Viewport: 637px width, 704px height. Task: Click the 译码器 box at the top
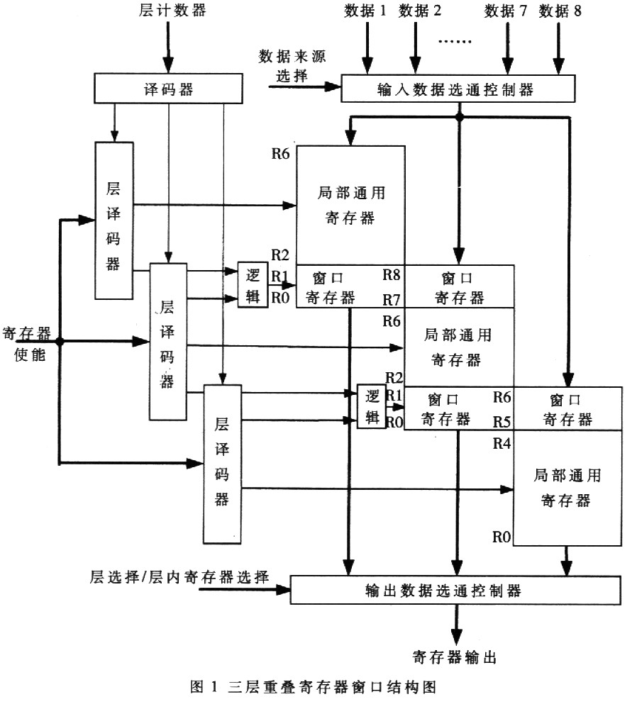tap(168, 89)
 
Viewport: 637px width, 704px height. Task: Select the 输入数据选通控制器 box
tap(458, 89)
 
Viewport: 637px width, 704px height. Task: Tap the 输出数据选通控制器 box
tap(455, 590)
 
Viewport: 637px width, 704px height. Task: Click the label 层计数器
tap(172, 10)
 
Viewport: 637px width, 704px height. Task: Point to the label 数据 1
tap(365, 11)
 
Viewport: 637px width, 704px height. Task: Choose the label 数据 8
tap(560, 11)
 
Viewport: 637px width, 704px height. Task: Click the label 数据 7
tap(505, 11)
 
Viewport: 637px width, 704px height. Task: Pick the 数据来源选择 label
tap(292, 65)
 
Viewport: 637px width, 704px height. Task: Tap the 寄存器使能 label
tap(27, 344)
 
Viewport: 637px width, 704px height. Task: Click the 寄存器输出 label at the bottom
tap(455, 657)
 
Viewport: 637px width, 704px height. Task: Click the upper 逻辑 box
tap(253, 285)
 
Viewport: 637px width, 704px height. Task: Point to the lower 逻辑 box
tap(372, 406)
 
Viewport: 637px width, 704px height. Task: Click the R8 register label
tap(392, 275)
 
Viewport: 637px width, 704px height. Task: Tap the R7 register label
tap(392, 299)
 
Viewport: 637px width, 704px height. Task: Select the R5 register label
tap(502, 422)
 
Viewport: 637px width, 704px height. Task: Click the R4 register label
tap(502, 444)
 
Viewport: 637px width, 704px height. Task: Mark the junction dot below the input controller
tap(459, 117)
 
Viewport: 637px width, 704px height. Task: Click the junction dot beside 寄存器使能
tap(60, 342)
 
